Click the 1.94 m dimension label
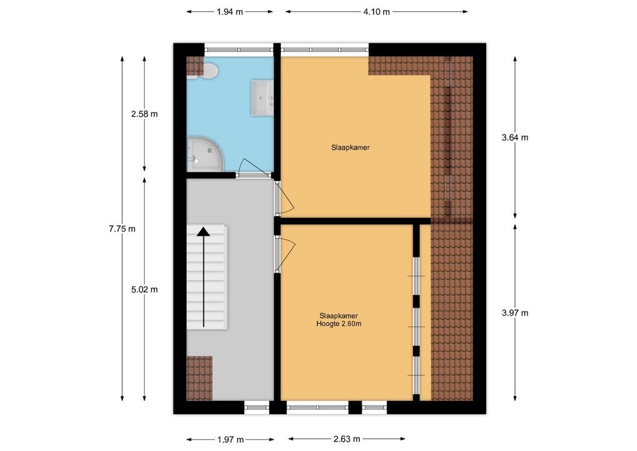tap(230, 12)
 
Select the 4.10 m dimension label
tap(377, 12)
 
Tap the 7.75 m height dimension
tap(122, 229)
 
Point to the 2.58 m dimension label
tap(144, 114)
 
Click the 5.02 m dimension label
tap(144, 290)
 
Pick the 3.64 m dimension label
tap(515, 137)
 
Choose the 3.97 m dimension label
tap(515, 313)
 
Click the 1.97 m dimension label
tap(230, 440)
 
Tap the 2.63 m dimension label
tap(347, 439)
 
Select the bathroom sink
tap(262, 98)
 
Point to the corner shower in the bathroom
tap(205, 154)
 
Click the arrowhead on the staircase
tap(203, 231)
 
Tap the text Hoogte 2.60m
tap(339, 324)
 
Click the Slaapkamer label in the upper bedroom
tap(350, 148)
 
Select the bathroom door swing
tap(253, 167)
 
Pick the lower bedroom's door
tap(285, 255)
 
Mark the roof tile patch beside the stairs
tap(200, 378)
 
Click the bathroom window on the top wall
tap(239, 49)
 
